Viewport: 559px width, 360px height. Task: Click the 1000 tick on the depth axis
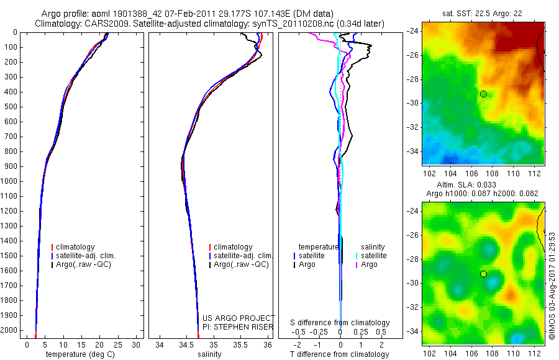pos(9,181)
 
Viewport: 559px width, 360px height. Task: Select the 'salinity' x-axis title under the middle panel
pos(209,354)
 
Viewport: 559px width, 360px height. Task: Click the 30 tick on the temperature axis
pos(137,344)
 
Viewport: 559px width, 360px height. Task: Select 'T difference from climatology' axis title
pos(340,354)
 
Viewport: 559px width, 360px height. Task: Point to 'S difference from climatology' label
pos(340,323)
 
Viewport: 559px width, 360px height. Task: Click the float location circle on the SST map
pos(483,94)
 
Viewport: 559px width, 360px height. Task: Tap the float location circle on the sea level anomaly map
pos(483,274)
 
